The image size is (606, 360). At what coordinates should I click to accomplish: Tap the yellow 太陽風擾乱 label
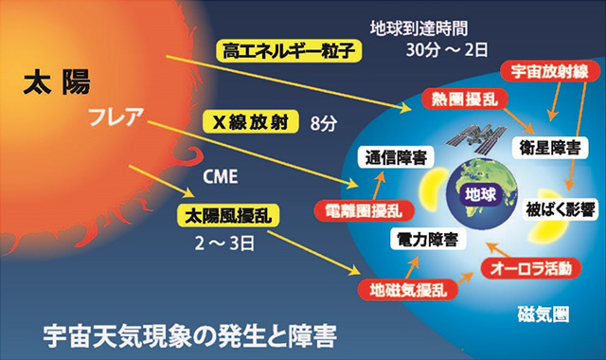[231, 215]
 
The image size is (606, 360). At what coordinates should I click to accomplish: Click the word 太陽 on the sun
[50, 86]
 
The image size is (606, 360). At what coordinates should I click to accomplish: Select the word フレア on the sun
[115, 118]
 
